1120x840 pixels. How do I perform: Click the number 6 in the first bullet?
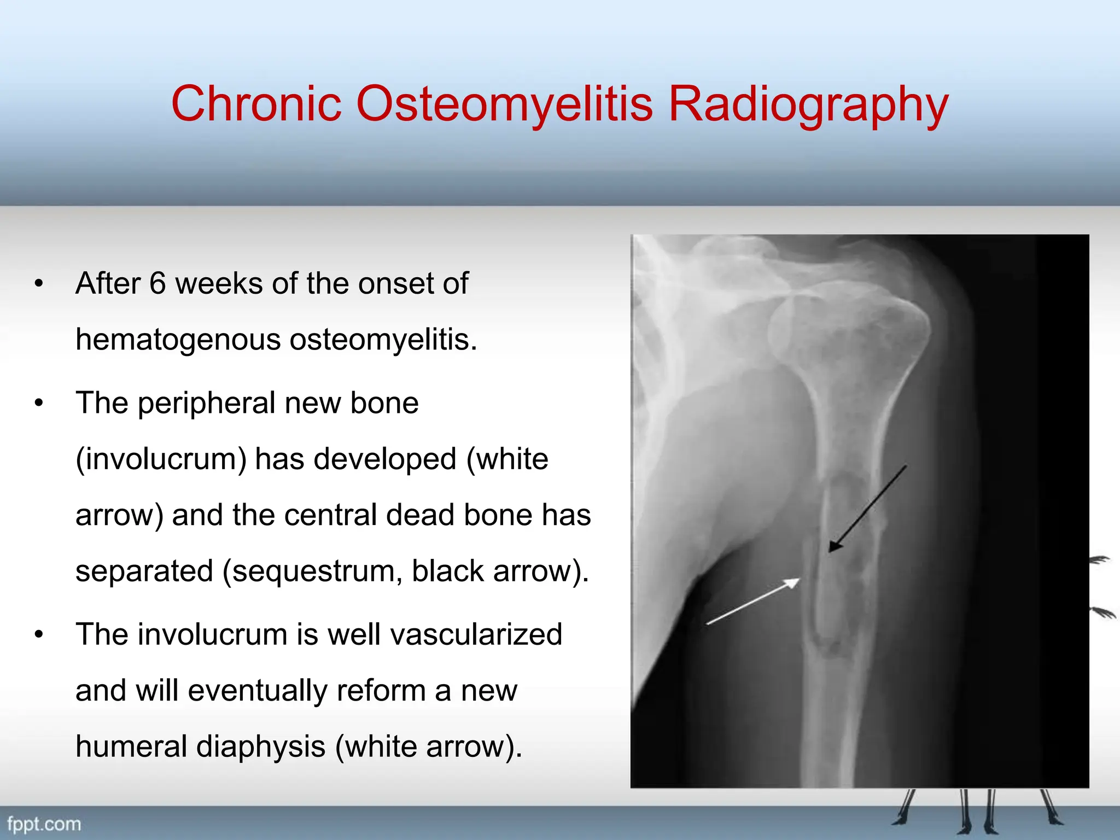157,283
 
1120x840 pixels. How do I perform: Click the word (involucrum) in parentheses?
161,459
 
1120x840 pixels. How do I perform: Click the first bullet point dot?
38,284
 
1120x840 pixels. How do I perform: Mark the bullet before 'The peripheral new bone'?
38,404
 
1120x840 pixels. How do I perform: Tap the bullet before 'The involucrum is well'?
38,635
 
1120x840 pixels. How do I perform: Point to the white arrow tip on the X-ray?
798,580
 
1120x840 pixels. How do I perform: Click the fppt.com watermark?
44,824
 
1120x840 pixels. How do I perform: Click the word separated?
144,572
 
